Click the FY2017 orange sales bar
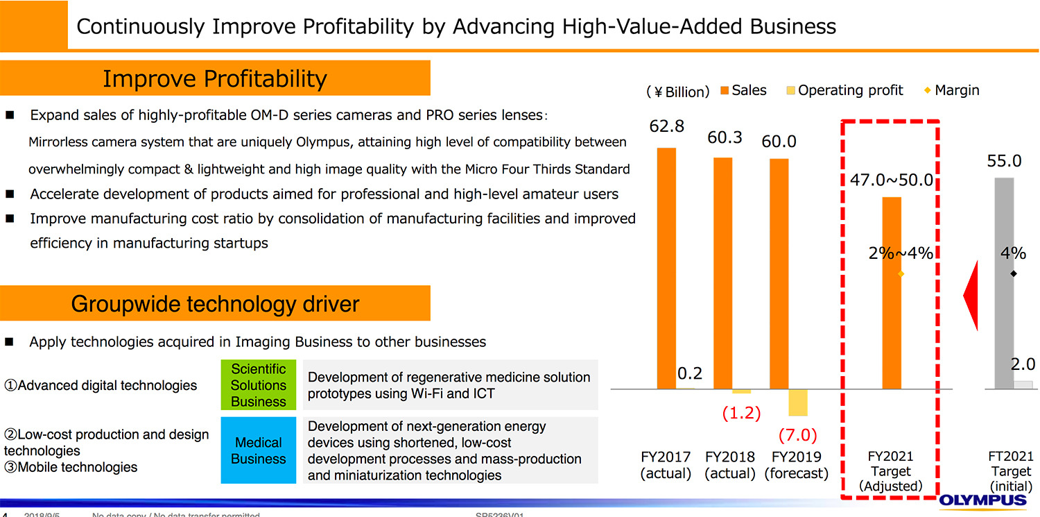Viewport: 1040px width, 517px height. [x=666, y=268]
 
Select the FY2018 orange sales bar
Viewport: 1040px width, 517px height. [x=723, y=273]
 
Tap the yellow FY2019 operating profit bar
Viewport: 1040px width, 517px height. [x=798, y=402]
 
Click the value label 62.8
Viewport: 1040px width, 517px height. [x=667, y=126]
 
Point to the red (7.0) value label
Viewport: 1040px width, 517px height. [x=797, y=435]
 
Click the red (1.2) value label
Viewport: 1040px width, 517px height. [x=741, y=414]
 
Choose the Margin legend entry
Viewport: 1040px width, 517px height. [x=951, y=90]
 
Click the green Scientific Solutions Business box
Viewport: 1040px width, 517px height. [x=259, y=385]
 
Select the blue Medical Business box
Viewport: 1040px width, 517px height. [x=259, y=450]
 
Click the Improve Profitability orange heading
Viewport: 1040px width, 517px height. [x=215, y=78]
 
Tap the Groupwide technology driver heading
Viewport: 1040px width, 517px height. [x=215, y=303]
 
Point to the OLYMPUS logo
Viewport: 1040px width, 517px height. [x=983, y=501]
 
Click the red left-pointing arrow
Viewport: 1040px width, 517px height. [x=971, y=296]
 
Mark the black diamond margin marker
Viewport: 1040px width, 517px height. [x=1014, y=273]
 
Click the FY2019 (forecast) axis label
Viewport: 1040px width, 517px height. [x=797, y=465]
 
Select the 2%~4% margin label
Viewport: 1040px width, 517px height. [x=901, y=253]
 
